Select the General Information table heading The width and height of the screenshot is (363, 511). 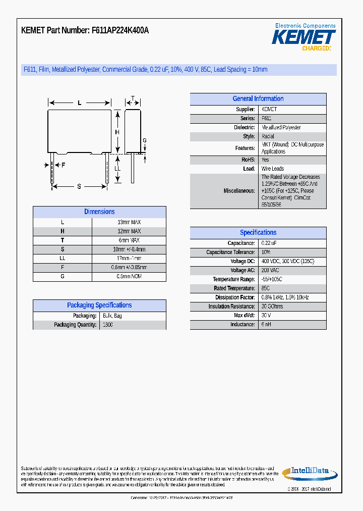258,99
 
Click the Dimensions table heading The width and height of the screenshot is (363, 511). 99,212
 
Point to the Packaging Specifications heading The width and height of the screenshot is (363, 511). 99,305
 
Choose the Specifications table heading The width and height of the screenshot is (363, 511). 258,233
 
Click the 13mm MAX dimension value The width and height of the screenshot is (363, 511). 129,222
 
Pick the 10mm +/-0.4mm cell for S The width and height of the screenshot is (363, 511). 129,249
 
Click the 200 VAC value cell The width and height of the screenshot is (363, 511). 270,270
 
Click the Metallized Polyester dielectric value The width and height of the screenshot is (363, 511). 281,128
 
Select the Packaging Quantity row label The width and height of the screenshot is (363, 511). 75,325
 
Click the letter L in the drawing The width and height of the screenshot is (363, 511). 79,103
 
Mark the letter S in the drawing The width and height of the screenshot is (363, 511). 79,187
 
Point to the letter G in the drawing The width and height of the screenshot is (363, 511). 144,140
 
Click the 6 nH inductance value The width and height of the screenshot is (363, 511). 266,325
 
